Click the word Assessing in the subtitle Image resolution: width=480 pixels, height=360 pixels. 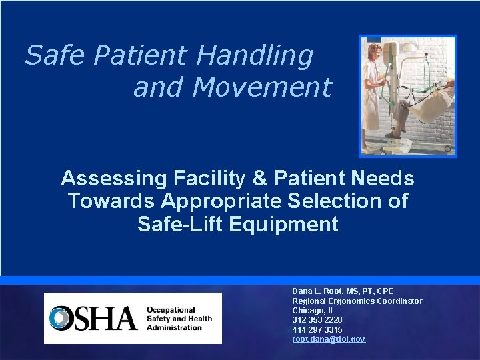coord(113,179)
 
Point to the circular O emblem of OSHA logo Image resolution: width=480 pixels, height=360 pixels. coord(62,319)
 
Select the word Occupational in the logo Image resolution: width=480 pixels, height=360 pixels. coord(171,310)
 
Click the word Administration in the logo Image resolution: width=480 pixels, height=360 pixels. coord(174,327)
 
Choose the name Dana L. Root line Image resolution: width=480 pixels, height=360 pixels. coord(343,291)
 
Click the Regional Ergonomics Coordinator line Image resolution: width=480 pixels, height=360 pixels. coord(357,301)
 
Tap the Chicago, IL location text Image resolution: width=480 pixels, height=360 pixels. coord(313,311)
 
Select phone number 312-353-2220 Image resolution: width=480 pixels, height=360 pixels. coord(317,320)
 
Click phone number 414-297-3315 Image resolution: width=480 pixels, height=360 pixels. coord(317,330)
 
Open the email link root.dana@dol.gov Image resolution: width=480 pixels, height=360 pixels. coord(329,339)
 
